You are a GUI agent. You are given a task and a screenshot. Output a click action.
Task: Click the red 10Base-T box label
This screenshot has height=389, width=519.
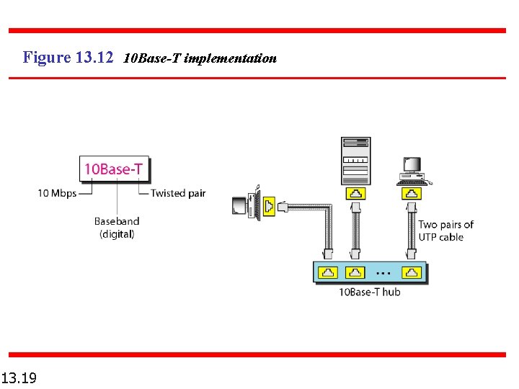tap(113, 169)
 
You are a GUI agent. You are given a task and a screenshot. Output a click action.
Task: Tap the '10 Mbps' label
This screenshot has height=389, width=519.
tap(57, 193)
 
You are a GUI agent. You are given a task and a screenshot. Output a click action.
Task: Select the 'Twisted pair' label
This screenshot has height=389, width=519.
tap(178, 193)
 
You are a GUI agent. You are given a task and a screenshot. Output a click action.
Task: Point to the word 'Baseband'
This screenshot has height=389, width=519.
tap(117, 221)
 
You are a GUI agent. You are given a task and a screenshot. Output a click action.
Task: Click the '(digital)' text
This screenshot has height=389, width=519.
tap(117, 234)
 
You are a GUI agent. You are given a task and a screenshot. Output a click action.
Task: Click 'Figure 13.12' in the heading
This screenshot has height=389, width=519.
tap(68, 58)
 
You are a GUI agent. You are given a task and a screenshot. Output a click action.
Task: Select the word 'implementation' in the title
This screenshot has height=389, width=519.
tap(230, 58)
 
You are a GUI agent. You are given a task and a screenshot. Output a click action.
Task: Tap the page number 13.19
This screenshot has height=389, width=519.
tap(20, 377)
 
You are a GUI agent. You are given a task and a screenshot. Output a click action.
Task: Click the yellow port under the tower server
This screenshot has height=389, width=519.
tap(355, 193)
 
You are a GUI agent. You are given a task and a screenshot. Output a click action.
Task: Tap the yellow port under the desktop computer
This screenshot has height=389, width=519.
tap(411, 193)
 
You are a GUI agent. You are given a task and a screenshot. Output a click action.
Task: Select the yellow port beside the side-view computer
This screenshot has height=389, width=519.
tap(269, 207)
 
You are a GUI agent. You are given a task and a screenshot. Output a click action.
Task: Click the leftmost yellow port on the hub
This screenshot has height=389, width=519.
tap(328, 273)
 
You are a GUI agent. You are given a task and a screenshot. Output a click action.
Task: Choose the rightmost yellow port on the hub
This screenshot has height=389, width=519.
tap(411, 273)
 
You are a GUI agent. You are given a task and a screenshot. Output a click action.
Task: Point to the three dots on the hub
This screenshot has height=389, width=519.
tap(383, 274)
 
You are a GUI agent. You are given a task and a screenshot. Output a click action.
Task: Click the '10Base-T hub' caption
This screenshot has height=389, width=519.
tap(369, 292)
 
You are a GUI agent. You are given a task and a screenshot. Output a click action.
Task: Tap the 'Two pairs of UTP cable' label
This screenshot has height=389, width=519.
tap(445, 231)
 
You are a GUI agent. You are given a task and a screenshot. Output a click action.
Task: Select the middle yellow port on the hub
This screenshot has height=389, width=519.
tap(355, 273)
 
